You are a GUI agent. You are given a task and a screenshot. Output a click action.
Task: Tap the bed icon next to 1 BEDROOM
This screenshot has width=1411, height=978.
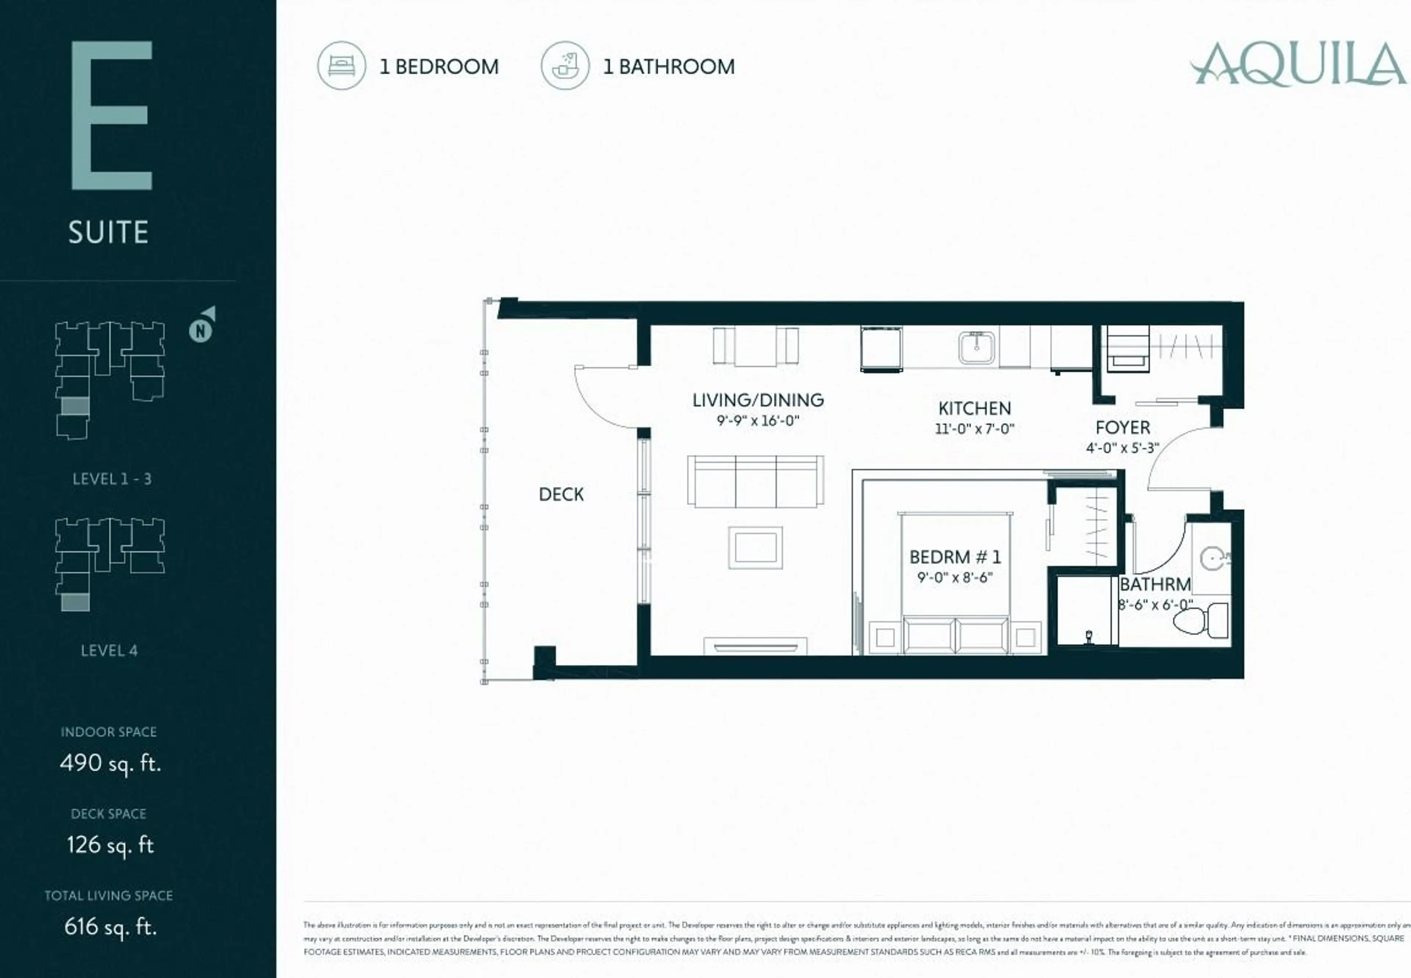(x=341, y=65)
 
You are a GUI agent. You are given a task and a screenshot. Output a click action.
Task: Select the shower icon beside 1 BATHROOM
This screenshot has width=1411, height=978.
(x=565, y=65)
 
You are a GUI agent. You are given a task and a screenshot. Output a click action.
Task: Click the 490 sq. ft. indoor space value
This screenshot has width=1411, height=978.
(x=110, y=763)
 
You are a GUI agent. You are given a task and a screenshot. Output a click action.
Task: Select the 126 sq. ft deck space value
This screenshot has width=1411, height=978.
(x=110, y=845)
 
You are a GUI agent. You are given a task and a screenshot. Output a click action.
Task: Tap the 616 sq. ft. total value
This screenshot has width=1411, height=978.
(x=110, y=927)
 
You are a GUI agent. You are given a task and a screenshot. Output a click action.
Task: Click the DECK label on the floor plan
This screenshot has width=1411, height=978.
(x=561, y=495)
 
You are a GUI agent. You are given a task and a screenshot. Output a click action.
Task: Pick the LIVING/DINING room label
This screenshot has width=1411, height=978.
(x=758, y=400)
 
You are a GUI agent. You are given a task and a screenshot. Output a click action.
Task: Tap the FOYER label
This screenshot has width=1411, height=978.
(x=1123, y=428)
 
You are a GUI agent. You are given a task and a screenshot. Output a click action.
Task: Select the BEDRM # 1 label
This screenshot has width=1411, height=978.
(x=955, y=557)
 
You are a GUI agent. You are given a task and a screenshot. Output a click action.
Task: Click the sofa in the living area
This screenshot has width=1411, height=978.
(x=755, y=481)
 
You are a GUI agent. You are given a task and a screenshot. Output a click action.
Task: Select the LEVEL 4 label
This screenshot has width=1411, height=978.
(x=109, y=651)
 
